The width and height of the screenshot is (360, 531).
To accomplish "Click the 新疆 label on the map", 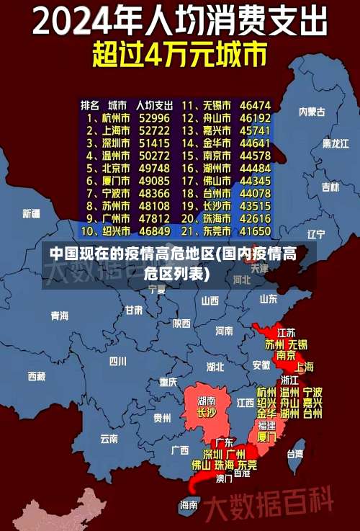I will (x=32, y=213).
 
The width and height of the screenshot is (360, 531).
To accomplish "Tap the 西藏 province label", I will (x=37, y=376).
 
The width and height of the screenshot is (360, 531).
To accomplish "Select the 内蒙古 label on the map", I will (x=312, y=112).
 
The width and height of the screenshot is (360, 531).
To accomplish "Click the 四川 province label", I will (x=117, y=361).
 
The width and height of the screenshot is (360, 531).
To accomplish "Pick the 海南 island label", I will (x=189, y=504).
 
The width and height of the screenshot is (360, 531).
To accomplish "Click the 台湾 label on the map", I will (x=295, y=454).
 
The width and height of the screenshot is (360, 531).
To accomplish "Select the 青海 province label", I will (x=59, y=316).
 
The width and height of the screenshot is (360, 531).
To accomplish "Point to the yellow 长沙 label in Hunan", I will (x=206, y=413).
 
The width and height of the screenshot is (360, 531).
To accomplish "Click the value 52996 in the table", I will (x=154, y=117).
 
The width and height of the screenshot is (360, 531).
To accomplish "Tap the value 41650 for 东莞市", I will (x=255, y=231).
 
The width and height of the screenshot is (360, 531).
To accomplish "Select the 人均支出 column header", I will (x=155, y=104).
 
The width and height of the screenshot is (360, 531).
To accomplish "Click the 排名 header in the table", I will (x=90, y=104).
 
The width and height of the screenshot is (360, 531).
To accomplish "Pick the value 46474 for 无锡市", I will (x=255, y=104).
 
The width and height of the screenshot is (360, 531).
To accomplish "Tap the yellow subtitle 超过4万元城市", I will (x=179, y=55).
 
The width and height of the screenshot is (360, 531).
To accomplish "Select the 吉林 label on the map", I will (x=330, y=187).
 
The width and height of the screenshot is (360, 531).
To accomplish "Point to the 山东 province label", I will (x=269, y=298).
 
